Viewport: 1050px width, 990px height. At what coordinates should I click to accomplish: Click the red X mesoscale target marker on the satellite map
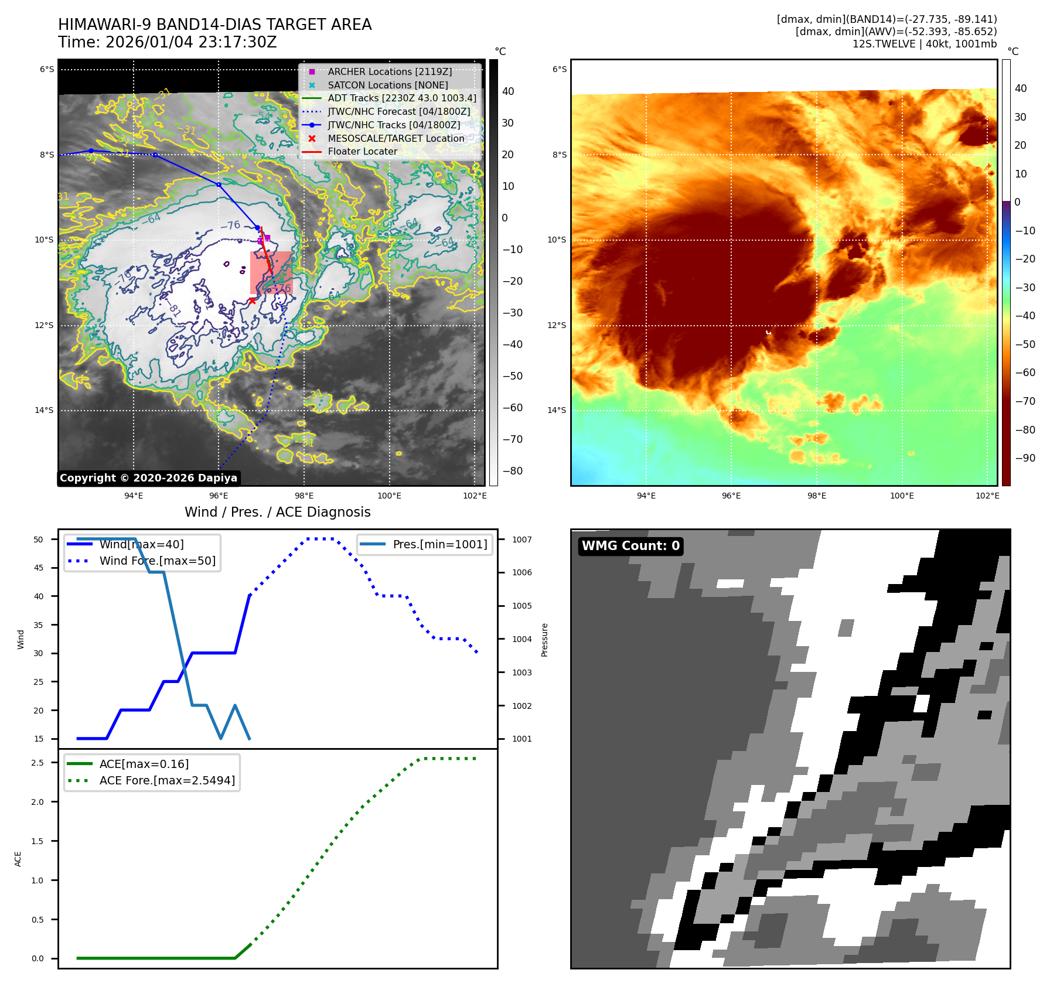point(252,301)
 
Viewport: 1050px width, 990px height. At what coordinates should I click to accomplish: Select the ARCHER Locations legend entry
point(389,71)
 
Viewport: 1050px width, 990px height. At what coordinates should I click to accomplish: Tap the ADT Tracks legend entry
point(401,98)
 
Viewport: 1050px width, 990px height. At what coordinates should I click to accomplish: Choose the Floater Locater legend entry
point(362,151)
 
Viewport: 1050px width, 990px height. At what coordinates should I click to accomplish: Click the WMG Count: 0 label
point(630,546)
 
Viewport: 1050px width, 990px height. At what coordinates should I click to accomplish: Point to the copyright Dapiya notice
point(148,478)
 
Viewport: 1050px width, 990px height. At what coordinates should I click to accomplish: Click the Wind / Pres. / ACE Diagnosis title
point(277,512)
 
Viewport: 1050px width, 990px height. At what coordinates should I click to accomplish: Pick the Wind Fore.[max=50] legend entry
point(157,561)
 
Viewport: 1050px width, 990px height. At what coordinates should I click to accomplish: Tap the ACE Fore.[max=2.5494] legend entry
point(167,780)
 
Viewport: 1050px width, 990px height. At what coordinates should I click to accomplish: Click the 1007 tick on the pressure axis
point(521,540)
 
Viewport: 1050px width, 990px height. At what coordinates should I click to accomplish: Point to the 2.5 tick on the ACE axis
point(37,763)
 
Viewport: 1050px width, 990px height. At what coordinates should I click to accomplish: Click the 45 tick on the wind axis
point(39,568)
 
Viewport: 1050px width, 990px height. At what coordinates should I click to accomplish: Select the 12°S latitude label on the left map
point(44,325)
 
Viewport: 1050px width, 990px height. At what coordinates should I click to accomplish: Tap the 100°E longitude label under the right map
point(902,496)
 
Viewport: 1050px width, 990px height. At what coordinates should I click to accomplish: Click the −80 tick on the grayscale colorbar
point(512,471)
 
